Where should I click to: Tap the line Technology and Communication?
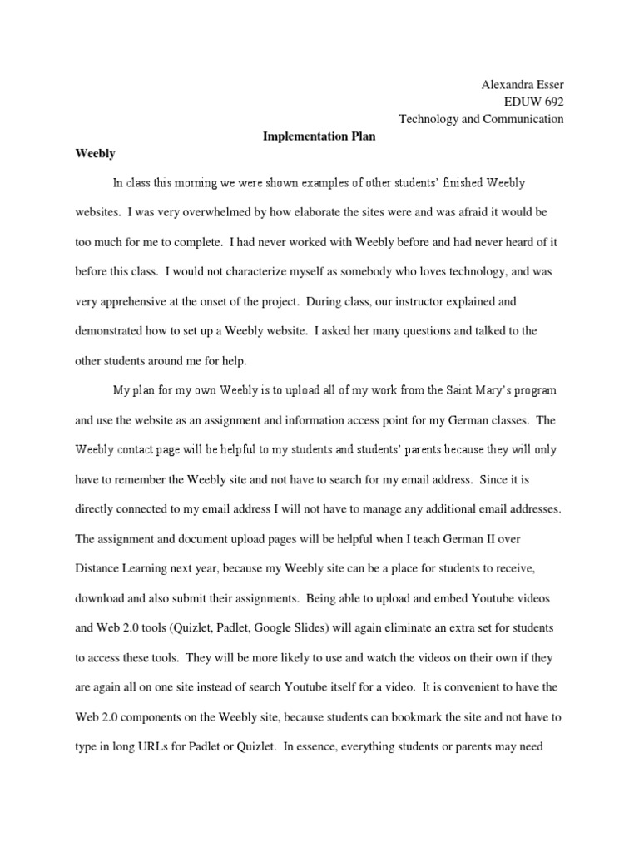tap(481, 119)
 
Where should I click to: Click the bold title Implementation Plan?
tap(319, 137)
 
